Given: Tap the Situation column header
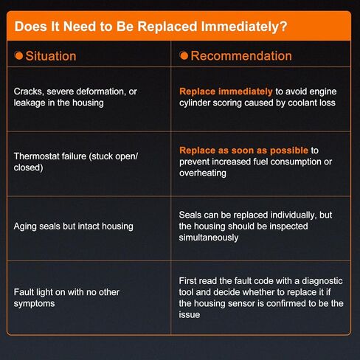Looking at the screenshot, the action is tap(51, 56).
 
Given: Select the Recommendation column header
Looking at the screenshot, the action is tap(241, 56).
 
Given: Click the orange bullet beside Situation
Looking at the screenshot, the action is tap(19, 55).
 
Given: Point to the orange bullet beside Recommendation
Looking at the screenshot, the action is tap(184, 55).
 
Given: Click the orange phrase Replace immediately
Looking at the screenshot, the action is tap(226, 91).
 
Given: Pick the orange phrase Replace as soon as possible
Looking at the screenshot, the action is tap(243, 150).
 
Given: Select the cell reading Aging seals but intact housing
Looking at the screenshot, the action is tap(74, 226).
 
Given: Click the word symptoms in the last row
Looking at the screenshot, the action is tap(34, 304).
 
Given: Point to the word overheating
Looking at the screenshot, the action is tap(203, 173).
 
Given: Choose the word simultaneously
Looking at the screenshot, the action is tap(209, 238).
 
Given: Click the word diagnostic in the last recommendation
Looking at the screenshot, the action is tap(322, 281).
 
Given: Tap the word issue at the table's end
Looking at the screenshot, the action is tap(190, 315).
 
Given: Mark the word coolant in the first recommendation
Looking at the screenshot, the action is tap(303, 103).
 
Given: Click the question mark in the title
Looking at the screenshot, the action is tap(283, 27).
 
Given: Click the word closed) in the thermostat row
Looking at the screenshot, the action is tap(28, 167).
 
